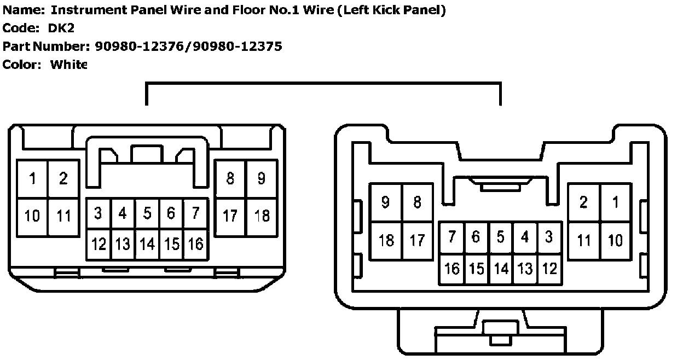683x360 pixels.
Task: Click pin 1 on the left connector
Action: point(33,179)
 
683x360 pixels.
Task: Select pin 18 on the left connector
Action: point(262,216)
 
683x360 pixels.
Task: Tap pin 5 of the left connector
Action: point(147,213)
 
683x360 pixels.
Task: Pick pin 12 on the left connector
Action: point(99,244)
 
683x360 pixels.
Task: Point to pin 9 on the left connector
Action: point(262,178)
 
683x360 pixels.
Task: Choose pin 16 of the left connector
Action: point(195,244)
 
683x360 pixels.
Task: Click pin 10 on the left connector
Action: point(33,216)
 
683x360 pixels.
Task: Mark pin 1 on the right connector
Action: point(616,202)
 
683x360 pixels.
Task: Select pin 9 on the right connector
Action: point(386,202)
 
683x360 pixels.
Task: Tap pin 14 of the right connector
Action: point(501,269)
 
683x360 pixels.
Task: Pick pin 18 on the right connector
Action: point(386,240)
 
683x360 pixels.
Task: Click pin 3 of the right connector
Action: point(549,237)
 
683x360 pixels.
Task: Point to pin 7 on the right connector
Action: point(452,237)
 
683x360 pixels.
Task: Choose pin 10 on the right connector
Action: point(616,240)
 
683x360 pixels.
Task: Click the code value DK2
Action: point(61,28)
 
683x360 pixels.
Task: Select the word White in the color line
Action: point(68,65)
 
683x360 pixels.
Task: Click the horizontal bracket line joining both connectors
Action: point(323,83)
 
